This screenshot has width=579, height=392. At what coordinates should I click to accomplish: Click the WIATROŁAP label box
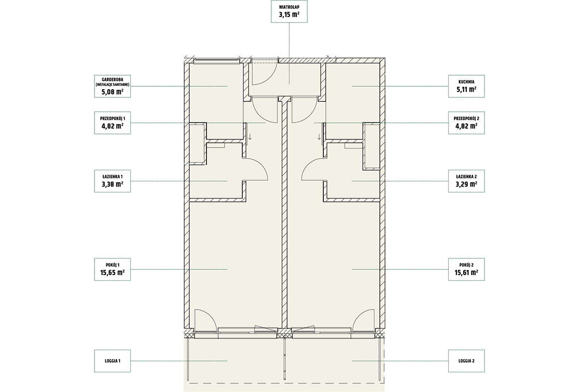[x=289, y=12]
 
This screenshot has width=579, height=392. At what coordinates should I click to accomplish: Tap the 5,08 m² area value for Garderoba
[x=112, y=92]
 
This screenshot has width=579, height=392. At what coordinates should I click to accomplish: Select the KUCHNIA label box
[x=466, y=86]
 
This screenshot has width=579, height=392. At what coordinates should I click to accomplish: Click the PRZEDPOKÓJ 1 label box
[x=112, y=123]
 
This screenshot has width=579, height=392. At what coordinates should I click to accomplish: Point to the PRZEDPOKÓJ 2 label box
[x=466, y=123]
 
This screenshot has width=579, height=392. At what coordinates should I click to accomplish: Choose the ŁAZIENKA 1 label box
[x=112, y=181]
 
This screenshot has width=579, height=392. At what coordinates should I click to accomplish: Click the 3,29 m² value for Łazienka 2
[x=466, y=184]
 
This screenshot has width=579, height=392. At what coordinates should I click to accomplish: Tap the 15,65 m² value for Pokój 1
[x=112, y=272]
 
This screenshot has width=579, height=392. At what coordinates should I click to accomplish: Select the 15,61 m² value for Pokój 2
[x=466, y=272]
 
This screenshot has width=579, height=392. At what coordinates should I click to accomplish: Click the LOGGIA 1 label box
[x=112, y=361]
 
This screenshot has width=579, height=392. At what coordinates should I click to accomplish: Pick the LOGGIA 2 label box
[x=466, y=361]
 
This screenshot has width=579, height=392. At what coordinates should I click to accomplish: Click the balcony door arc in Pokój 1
[x=211, y=314]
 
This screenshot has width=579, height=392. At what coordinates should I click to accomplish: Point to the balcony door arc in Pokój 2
[x=358, y=314]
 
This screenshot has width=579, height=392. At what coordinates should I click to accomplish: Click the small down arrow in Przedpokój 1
[x=250, y=136]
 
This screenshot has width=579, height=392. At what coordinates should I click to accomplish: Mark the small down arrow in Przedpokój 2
[x=319, y=136]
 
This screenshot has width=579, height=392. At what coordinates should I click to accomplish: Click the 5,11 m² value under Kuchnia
[x=466, y=90]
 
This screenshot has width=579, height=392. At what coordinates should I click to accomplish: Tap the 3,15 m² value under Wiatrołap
[x=289, y=14]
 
